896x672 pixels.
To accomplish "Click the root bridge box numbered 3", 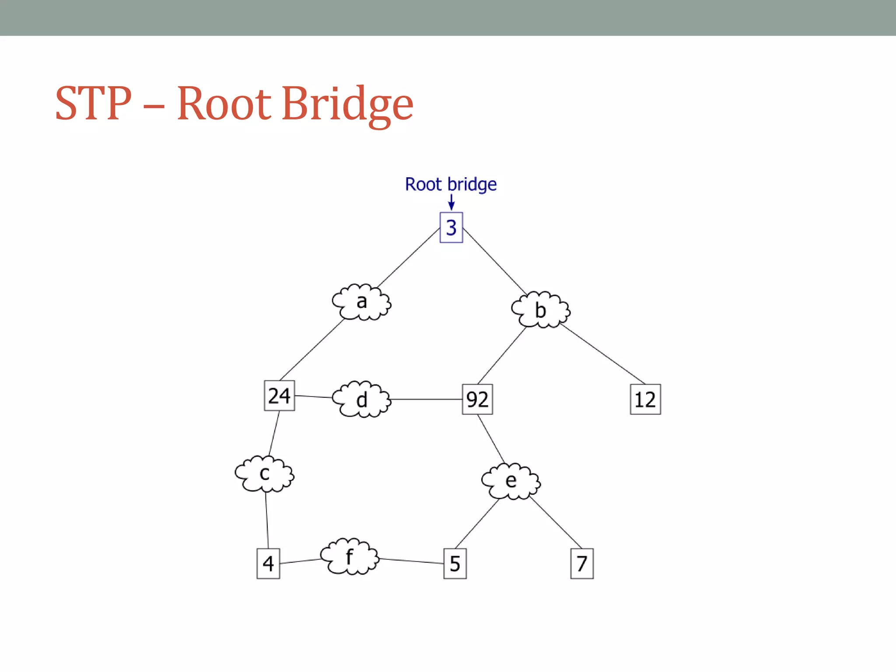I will (451, 227).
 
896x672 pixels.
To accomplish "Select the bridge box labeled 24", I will (279, 396).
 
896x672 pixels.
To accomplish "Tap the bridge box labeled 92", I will (477, 399).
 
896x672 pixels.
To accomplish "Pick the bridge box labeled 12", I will (645, 399).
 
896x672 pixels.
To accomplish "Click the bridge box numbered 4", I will (268, 563).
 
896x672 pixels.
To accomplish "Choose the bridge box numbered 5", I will (455, 563).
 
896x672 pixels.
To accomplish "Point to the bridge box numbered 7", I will (582, 563).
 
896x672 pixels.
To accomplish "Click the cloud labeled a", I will (361, 302).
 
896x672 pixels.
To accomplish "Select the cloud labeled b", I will (541, 310).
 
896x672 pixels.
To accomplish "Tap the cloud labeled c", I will (264, 474).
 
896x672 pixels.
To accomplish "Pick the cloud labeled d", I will (361, 399).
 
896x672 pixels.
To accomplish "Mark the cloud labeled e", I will (511, 481).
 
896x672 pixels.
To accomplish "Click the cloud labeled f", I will (350, 557).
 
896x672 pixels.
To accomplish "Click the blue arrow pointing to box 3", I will (451, 202).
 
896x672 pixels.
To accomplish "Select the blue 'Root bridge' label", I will (451, 184).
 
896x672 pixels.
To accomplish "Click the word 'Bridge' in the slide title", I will (347, 104).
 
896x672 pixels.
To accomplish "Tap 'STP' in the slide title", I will (93, 104).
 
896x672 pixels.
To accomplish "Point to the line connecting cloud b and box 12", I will (603, 354).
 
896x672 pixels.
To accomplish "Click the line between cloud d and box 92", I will (427, 399).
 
